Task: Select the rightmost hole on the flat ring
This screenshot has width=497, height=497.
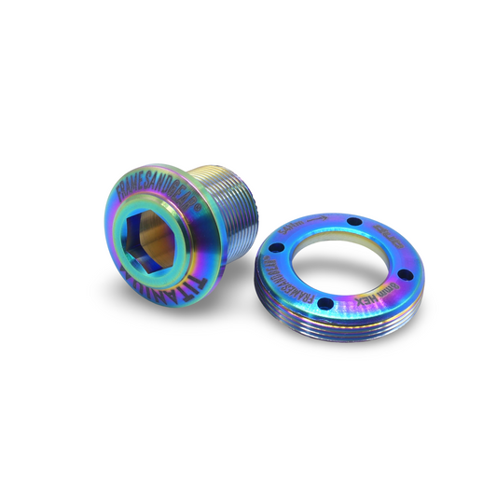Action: pyautogui.click(x=402, y=271)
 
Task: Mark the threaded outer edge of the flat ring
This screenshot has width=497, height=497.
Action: pyautogui.click(x=336, y=331)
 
